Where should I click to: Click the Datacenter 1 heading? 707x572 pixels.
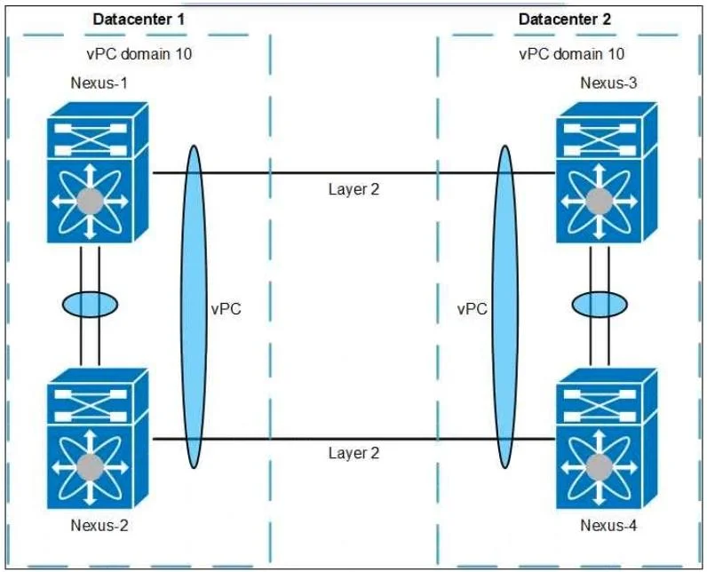point(139,20)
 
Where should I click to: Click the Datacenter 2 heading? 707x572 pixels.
point(565,20)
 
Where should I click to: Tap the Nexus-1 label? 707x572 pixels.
point(99,83)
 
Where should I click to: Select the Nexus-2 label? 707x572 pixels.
point(99,525)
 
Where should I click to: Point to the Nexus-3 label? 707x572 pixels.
point(608,83)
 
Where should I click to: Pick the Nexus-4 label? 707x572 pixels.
point(608,525)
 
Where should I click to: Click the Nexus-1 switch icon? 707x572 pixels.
point(98,172)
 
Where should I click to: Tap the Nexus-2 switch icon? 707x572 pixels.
point(98,439)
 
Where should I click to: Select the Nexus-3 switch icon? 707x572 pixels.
point(607,172)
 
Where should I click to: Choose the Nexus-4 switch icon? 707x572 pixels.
point(607,439)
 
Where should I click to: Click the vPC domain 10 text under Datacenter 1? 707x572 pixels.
point(139,54)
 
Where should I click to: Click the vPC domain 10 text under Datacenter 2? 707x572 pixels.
point(572,54)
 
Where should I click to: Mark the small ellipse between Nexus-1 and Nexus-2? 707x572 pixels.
point(90,305)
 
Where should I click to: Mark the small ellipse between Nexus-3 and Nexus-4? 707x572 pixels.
point(600,305)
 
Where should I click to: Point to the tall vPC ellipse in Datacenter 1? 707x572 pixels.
point(194,306)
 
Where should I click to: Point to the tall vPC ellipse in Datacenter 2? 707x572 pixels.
point(505,306)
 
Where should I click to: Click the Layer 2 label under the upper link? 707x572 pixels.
point(354,189)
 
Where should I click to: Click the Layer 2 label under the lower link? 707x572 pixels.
point(354,453)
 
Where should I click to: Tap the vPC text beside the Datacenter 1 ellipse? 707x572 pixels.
point(226,309)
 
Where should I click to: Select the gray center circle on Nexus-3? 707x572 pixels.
point(600,202)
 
